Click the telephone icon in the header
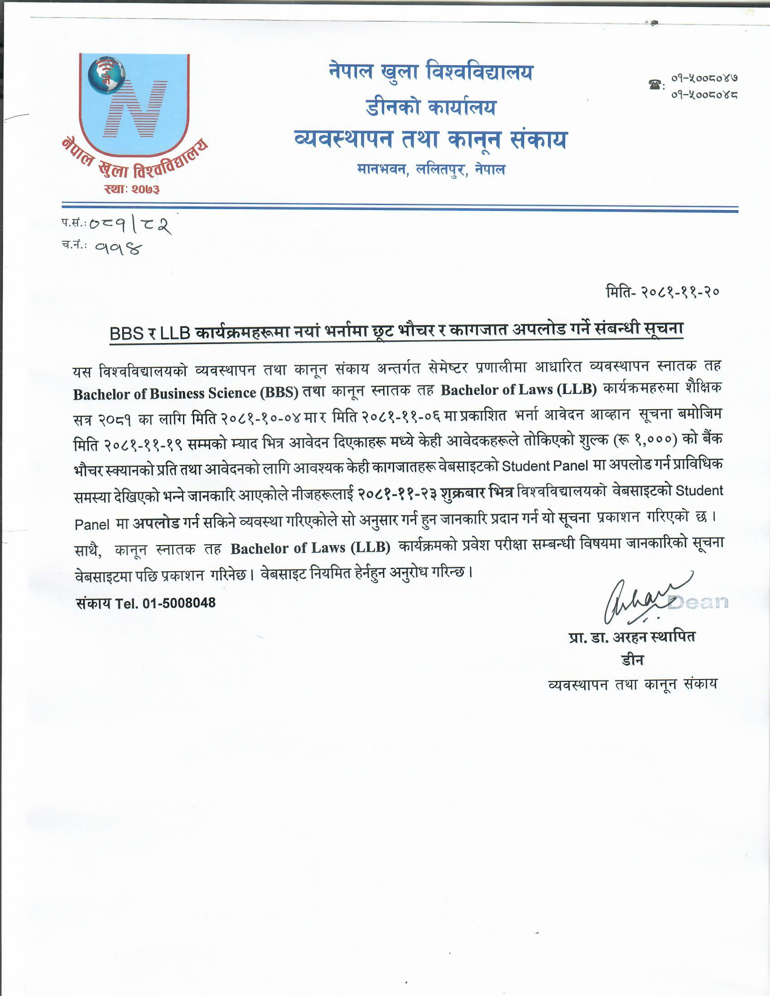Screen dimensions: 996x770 [x=655, y=84]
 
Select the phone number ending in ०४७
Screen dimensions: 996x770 [x=704, y=78]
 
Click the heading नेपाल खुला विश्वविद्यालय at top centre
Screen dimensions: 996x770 [x=430, y=72]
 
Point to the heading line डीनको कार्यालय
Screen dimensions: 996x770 [x=430, y=108]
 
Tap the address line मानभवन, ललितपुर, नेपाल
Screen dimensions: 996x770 [x=431, y=170]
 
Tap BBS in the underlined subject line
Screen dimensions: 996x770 [x=126, y=333]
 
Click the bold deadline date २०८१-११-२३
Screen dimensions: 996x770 [x=397, y=493]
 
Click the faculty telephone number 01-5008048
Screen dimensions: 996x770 [x=179, y=603]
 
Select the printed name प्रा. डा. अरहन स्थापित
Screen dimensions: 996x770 [x=632, y=637]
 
